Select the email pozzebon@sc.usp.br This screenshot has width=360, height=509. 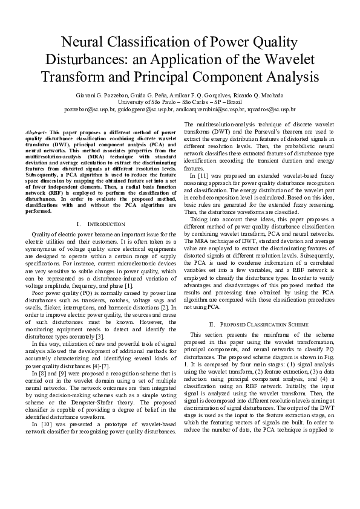click(90, 110)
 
